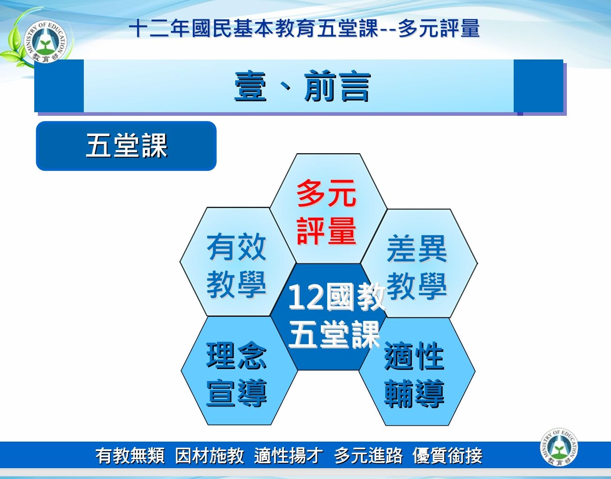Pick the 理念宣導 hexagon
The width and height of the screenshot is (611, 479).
point(237,374)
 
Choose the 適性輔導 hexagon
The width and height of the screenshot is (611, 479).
point(415,374)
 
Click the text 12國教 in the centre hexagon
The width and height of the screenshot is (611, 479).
point(336,297)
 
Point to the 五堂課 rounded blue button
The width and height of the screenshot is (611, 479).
point(126,146)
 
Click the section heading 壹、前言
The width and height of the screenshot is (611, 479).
point(302,87)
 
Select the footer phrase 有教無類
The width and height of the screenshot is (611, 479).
point(130,456)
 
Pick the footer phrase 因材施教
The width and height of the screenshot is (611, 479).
point(210,456)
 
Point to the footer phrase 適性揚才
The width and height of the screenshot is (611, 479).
point(288,456)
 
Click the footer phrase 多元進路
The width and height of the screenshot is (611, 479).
point(368,456)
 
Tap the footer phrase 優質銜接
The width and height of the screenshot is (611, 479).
point(447,456)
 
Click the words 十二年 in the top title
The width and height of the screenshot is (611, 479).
point(160,28)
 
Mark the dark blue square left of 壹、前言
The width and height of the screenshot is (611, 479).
point(59,86)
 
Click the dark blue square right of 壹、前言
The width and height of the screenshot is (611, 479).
point(538,86)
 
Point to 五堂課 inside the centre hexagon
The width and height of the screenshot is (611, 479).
point(334,335)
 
